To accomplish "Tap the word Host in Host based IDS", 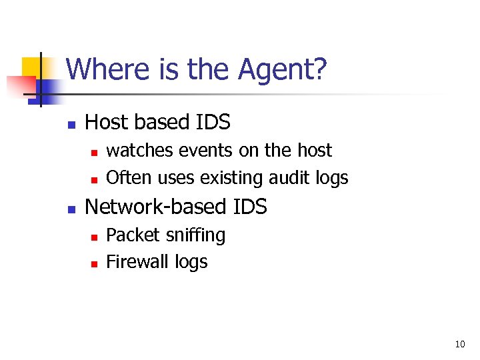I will click(107, 123).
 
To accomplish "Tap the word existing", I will click(233, 178).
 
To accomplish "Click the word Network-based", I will click(156, 207).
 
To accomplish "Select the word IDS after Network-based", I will click(250, 207).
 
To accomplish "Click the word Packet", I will click(131, 235).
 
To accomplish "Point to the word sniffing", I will click(193, 235).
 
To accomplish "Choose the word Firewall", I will click(137, 262).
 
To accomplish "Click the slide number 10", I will click(459, 345).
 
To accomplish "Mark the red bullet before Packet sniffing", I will click(94, 237).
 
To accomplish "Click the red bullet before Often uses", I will click(94, 179).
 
